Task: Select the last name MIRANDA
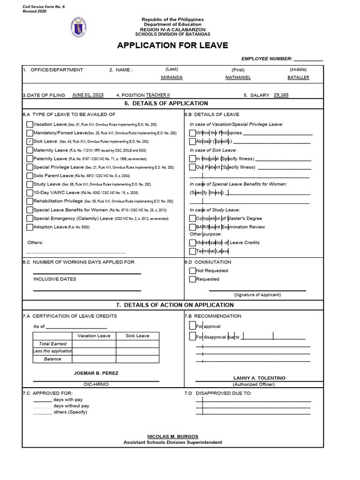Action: [172, 77]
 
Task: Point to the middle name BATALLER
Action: [298, 77]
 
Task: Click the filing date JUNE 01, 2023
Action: [88, 95]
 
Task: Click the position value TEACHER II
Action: [158, 95]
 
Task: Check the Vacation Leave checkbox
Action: [30, 124]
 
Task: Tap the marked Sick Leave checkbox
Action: [30, 141]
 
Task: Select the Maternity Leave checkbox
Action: [30, 150]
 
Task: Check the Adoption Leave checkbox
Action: [30, 227]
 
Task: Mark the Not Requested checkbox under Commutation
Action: [192, 270]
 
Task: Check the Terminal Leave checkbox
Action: [192, 251]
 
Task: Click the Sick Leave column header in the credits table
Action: [137, 336]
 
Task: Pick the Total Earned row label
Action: [52, 344]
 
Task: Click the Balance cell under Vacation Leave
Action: [94, 359]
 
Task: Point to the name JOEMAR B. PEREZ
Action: [96, 373]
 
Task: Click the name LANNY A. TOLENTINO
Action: [259, 378]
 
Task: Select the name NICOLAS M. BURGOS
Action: [173, 436]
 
